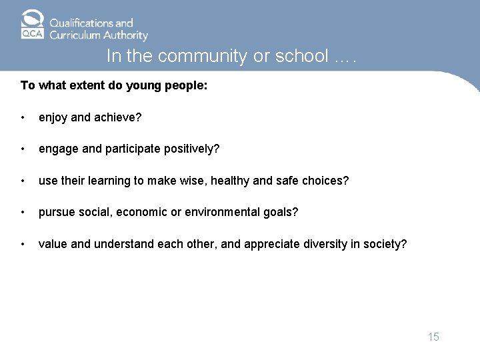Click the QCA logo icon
(x=31, y=25)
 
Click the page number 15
(x=433, y=337)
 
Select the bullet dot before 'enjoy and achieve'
(x=24, y=119)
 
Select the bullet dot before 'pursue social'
(x=24, y=213)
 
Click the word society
(x=385, y=244)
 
